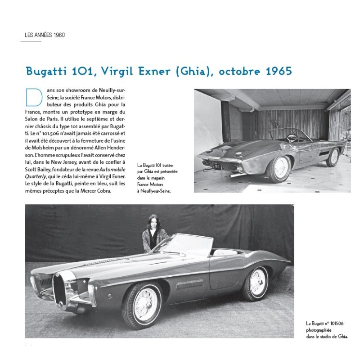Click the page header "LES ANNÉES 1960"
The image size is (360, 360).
point(45,35)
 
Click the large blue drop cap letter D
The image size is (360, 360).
point(34,99)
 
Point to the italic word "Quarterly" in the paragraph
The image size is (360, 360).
point(40,176)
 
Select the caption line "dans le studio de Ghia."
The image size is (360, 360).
point(327,336)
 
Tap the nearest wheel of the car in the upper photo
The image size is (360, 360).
point(280,168)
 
